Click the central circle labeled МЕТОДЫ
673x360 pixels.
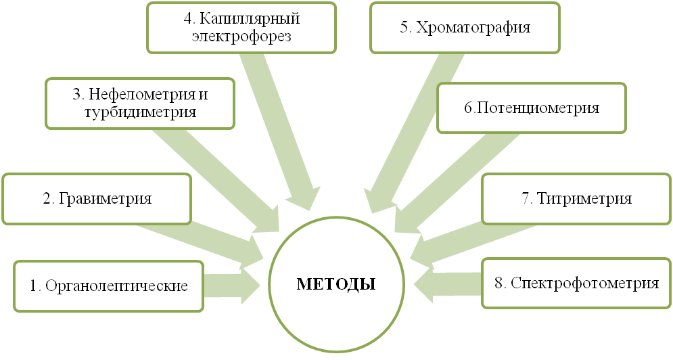click(336, 283)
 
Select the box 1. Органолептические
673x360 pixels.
click(108, 286)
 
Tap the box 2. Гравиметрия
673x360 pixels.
click(97, 199)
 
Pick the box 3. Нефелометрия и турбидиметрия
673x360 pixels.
click(141, 104)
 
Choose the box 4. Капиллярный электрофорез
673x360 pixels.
click(241, 27)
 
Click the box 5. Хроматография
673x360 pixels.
click(464, 27)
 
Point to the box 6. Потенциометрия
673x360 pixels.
click(531, 108)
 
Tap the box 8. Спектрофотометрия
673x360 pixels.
click(576, 283)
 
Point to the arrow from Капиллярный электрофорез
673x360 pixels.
click(277, 129)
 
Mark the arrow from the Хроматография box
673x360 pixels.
click(406, 129)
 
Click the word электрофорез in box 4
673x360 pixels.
click(241, 36)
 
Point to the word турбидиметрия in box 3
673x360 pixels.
click(141, 112)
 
